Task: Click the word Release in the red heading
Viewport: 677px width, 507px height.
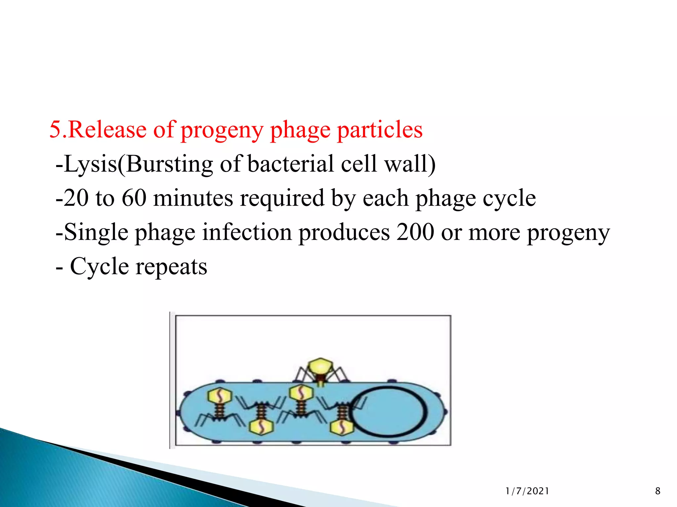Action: coord(107,129)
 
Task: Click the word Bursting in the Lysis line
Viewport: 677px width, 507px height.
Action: coord(169,164)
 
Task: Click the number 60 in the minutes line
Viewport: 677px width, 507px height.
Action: coord(134,198)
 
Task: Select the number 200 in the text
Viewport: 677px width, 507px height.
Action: coord(415,232)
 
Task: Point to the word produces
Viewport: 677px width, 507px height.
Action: coord(344,233)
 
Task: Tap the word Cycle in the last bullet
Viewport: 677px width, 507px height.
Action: coord(99,267)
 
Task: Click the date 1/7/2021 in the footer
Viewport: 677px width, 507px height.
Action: coord(527,491)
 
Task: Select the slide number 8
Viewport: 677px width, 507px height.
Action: coord(657,491)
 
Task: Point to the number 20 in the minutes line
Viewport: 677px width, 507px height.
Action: coord(76,198)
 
